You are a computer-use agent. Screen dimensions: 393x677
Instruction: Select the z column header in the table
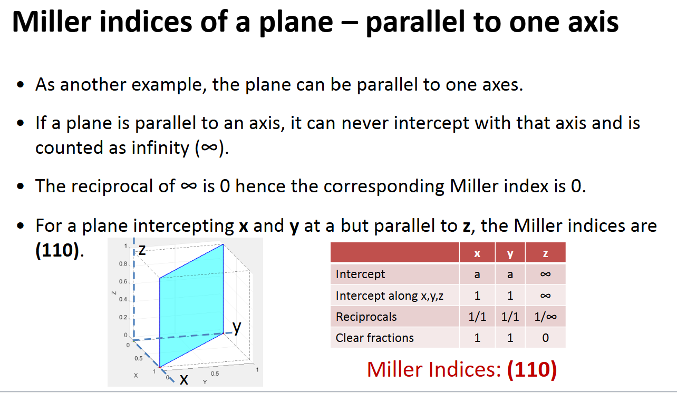click(545, 253)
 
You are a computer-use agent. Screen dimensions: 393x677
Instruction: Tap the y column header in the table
click(510, 253)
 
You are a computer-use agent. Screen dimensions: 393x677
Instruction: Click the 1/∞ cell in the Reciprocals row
click(545, 317)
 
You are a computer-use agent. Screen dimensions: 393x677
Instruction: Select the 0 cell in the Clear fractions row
click(545, 338)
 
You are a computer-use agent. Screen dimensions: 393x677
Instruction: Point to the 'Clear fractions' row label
click(374, 338)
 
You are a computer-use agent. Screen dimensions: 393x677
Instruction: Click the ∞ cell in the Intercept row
click(545, 274)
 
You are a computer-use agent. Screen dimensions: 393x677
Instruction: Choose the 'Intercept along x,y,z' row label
click(389, 296)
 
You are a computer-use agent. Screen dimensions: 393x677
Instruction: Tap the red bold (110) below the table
click(531, 369)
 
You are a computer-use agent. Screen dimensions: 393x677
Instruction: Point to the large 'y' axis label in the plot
click(238, 328)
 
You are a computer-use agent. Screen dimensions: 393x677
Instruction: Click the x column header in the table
click(477, 253)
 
